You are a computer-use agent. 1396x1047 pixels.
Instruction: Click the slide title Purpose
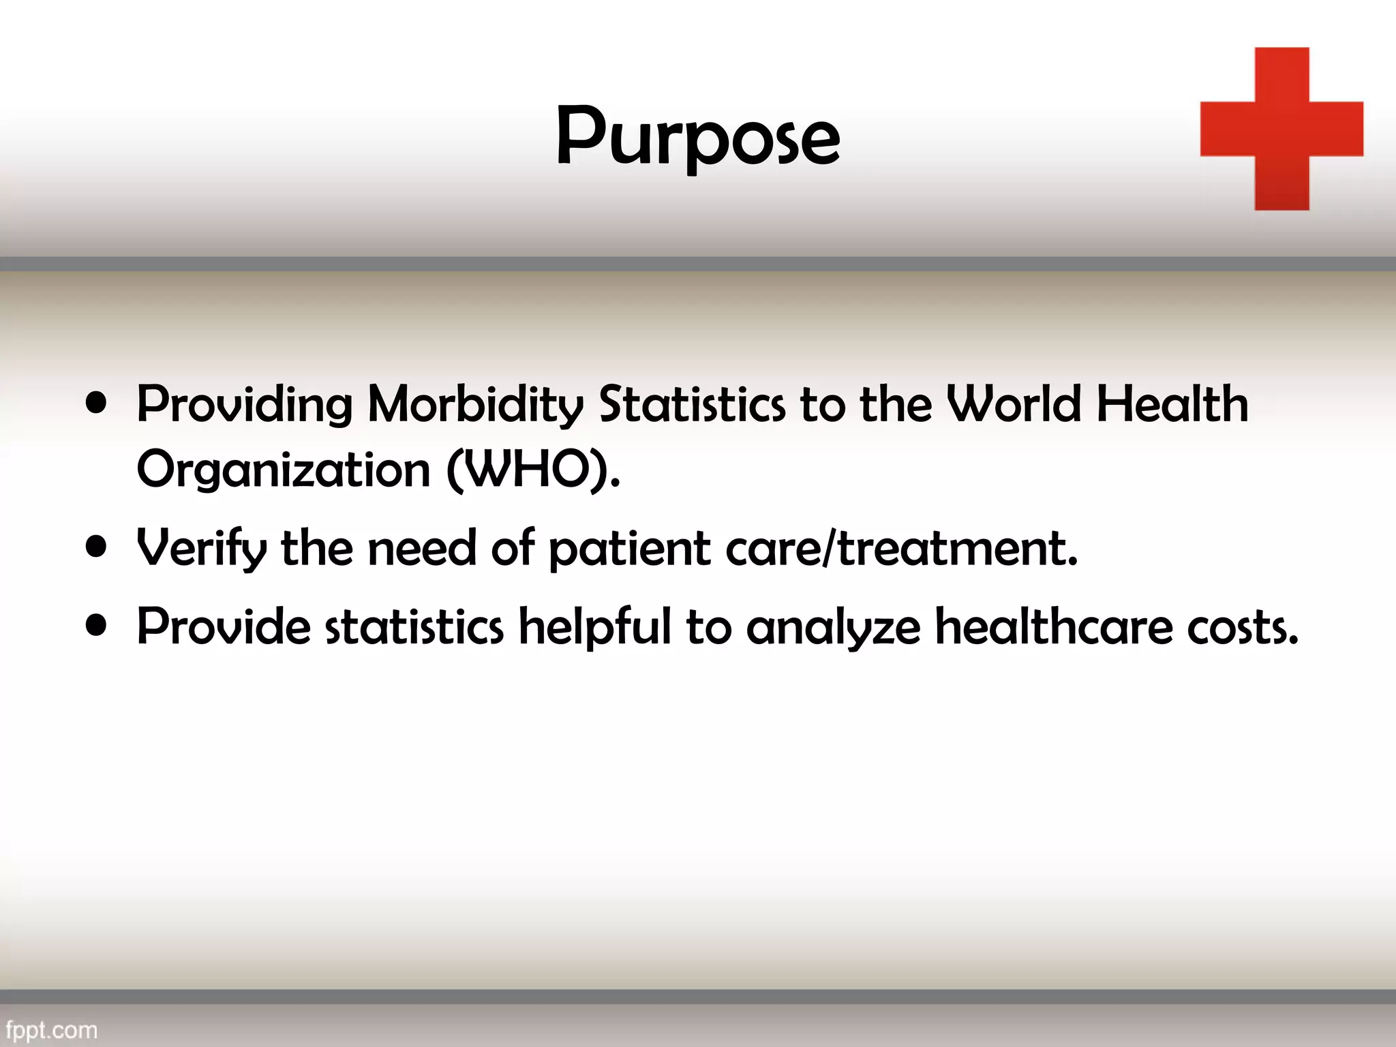click(697, 136)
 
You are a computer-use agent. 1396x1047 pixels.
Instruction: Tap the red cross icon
click(1281, 129)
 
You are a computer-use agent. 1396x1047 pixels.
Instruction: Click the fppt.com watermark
click(52, 1030)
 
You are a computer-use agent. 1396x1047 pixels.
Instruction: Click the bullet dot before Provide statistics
click(97, 625)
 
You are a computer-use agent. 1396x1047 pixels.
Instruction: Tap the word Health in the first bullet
click(1172, 404)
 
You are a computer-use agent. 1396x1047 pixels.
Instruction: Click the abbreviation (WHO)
click(533, 470)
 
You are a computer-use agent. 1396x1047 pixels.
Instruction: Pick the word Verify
click(202, 549)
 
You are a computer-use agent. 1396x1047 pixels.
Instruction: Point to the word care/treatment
click(901, 549)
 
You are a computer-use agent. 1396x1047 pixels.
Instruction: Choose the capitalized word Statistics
click(692, 404)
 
